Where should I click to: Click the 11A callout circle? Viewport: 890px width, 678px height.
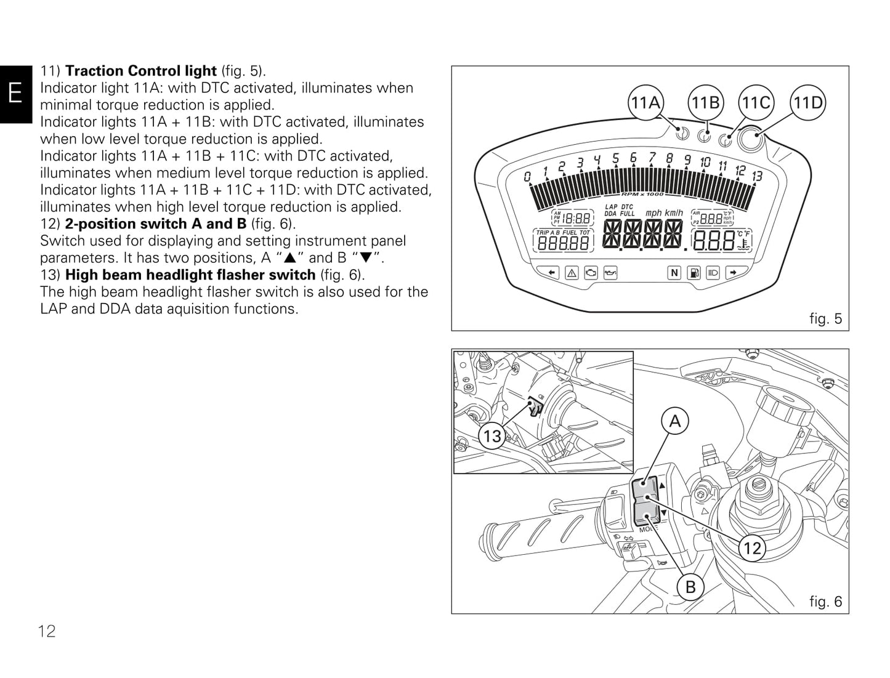645,103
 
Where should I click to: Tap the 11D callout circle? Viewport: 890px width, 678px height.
808,103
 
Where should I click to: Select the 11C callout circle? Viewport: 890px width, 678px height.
756,103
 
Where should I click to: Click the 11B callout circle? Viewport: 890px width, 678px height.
705,103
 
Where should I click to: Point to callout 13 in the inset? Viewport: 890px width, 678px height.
492,437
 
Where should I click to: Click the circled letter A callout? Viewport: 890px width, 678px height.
675,421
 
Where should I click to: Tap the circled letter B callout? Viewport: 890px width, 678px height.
690,587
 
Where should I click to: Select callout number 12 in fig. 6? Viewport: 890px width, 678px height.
752,547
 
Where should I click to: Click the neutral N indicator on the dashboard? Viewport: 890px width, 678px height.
674,272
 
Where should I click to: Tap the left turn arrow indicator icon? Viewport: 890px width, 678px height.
551,272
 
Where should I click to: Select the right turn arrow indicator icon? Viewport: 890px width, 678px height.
732,272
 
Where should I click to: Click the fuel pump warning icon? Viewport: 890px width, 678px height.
694,272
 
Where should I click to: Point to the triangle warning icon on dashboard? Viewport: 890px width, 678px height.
571,272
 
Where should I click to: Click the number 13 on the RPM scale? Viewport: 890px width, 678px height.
757,176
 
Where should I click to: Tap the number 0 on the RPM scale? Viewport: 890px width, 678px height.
527,177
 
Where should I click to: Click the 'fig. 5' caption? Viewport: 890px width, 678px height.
825,318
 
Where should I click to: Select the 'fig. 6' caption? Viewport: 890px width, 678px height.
825,601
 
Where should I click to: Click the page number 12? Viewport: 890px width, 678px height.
47,631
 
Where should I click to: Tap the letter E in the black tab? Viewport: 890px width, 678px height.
15,94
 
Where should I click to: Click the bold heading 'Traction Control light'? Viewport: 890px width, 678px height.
141,71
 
